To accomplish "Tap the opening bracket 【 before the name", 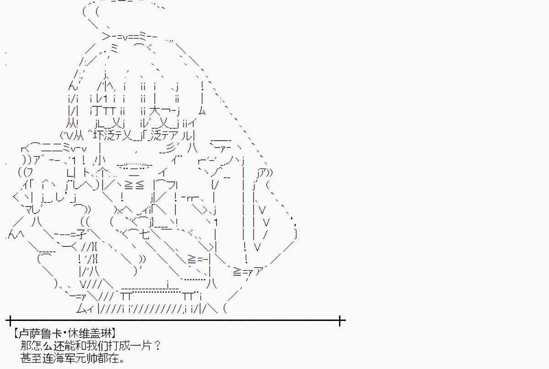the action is pyautogui.click(x=15, y=333).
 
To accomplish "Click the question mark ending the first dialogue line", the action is pyautogui.click(x=158, y=346).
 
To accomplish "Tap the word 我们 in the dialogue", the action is pyautogui.click(x=101, y=346).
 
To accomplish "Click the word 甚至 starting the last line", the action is pyautogui.click(x=30, y=358).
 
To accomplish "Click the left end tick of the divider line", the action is pyautogui.click(x=10, y=320).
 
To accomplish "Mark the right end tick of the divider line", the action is pyautogui.click(x=339, y=320).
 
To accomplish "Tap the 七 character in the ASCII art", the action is pyautogui.click(x=145, y=234).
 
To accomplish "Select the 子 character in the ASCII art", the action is pyautogui.click(x=81, y=234).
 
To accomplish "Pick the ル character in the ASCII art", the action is pyautogui.click(x=187, y=136).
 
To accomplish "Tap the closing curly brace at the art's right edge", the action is pyautogui.click(x=296, y=234).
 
